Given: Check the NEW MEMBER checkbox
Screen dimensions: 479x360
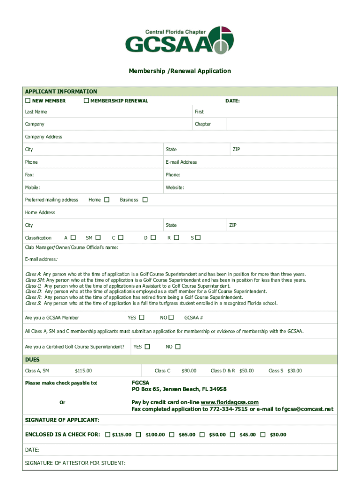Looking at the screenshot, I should click(x=28, y=101).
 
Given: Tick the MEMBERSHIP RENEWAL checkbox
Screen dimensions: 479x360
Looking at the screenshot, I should click(x=86, y=101).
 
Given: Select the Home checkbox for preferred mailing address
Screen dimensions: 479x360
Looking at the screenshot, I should click(x=107, y=200).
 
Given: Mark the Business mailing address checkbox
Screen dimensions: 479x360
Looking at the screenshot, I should click(x=145, y=200).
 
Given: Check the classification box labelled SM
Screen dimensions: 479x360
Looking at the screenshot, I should click(x=98, y=238).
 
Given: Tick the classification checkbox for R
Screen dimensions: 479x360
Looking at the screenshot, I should click(x=176, y=238).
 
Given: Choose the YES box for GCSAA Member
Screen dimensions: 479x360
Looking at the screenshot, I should click(x=142, y=318).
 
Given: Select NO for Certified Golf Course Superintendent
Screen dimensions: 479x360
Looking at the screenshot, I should click(x=178, y=347).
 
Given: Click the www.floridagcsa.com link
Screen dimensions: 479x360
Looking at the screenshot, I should click(x=230, y=402).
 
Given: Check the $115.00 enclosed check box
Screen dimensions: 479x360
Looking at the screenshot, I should click(x=108, y=435).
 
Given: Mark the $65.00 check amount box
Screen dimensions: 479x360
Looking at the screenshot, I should click(x=172, y=435).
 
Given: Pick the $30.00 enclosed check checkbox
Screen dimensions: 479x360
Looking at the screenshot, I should click(x=263, y=435).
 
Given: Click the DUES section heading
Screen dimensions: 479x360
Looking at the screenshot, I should click(x=32, y=360).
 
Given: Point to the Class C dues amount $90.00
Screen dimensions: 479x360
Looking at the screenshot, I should click(x=189, y=371).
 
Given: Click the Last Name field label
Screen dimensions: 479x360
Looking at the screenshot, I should click(x=36, y=112).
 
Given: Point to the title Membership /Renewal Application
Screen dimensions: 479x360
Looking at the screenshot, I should click(x=180, y=71).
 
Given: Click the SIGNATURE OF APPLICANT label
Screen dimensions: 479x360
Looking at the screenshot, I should click(x=62, y=420).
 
